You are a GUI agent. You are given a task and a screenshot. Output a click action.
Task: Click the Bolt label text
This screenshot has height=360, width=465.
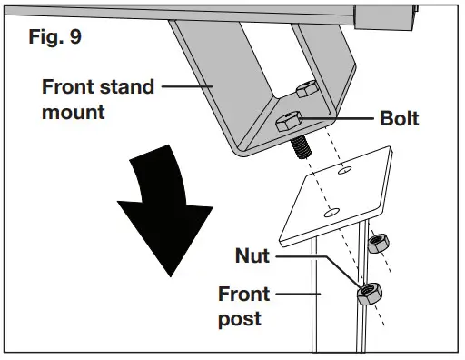click(x=394, y=119)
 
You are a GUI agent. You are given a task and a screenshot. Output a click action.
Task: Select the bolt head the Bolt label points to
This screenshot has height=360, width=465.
click(x=288, y=121)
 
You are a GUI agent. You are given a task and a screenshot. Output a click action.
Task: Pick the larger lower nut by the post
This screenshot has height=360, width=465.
click(x=369, y=294)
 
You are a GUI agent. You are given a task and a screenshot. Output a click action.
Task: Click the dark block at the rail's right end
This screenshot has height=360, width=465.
click(x=383, y=14)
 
